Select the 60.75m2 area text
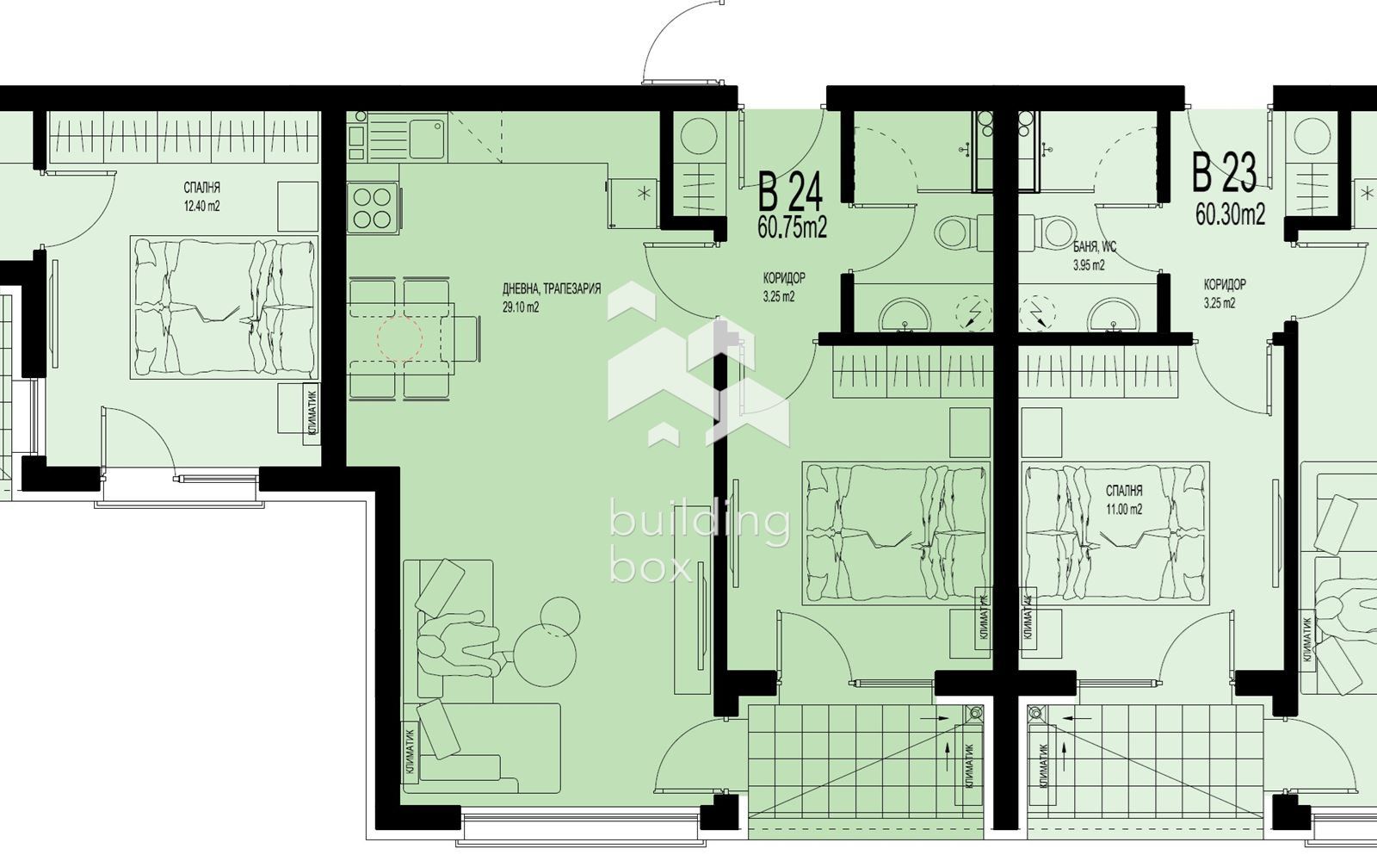(793, 227)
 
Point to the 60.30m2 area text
(1230, 214)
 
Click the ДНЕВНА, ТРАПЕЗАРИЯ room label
(552, 288)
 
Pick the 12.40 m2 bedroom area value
(201, 206)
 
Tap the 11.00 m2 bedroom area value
(1124, 509)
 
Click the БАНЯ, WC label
(1095, 247)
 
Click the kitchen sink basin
(427, 139)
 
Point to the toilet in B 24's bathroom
(963, 233)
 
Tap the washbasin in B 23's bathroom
(1113, 315)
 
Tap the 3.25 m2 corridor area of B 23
(1220, 303)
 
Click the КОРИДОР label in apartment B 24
(784, 278)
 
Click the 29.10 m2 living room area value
(521, 307)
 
